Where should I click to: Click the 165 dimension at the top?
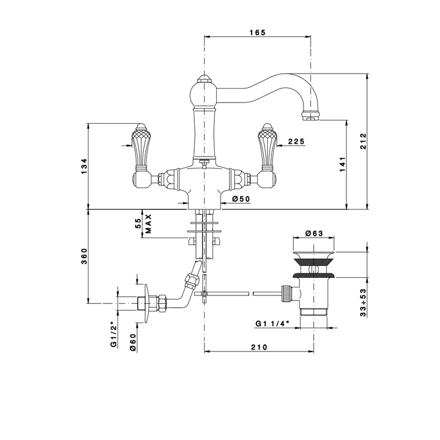tap(258, 32)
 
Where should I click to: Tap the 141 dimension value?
tap(341, 164)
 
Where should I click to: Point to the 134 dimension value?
tap(84, 166)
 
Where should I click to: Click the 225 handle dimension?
tap(295, 142)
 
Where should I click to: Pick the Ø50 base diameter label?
tap(241, 199)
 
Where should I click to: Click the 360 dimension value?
tap(84, 257)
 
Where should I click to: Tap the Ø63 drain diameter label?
tap(314, 234)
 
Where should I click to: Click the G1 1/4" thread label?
tap(272, 324)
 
